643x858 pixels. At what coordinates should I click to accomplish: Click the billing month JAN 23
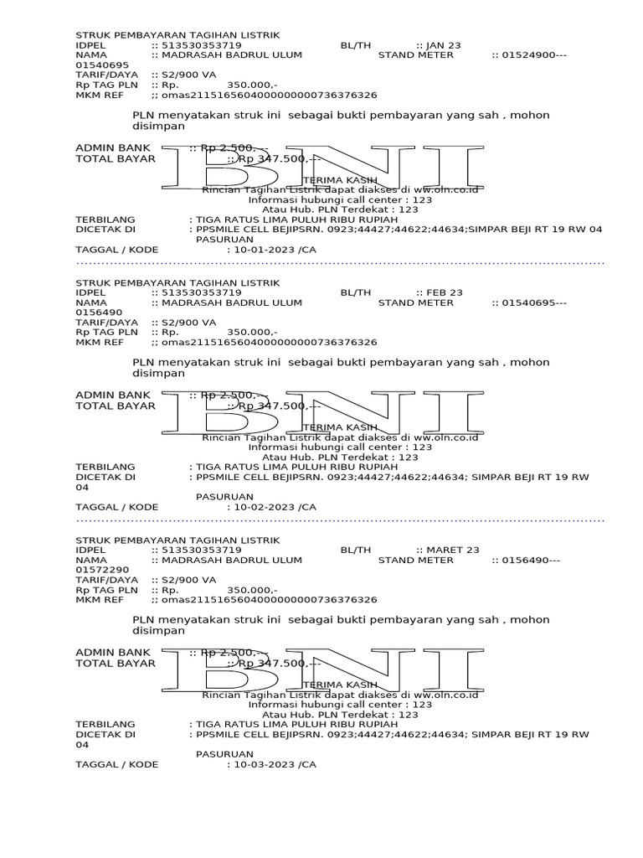pos(444,45)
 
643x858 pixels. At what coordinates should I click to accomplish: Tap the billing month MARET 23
pos(453,550)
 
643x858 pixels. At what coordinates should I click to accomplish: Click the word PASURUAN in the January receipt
pos(224,240)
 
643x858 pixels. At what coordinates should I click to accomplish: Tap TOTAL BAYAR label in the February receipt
pos(116,406)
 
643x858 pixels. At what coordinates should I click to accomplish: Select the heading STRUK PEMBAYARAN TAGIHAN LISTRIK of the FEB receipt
pos(177,282)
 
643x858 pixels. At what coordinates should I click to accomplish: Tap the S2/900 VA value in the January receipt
pos(188,75)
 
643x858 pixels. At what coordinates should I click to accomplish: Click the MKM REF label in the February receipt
pos(100,343)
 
